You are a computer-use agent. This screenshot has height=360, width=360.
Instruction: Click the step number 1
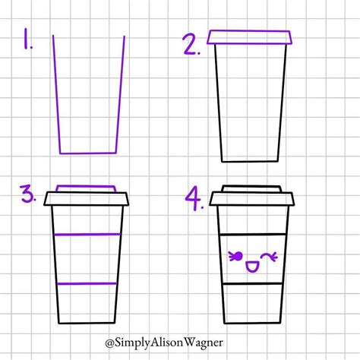pos(27,39)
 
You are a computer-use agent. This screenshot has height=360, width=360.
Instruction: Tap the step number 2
pos(191,45)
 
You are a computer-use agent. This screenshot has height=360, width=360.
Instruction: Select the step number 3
pos(28,194)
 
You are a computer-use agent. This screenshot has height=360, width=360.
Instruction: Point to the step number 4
pos(194,198)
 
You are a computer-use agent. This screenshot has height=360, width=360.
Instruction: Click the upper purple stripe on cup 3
pos(87,235)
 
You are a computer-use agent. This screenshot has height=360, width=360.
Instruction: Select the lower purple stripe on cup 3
pos(87,283)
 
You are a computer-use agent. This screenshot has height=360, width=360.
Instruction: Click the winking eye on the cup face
pos(269,257)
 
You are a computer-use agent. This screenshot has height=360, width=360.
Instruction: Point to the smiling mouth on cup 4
pos(252,267)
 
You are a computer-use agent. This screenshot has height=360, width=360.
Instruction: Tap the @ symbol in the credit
pos(109,343)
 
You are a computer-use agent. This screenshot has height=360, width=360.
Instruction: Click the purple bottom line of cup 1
pos(88,153)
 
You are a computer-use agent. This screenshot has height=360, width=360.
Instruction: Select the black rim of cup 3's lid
pos(87,199)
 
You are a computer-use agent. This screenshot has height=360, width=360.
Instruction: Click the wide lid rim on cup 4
pos(252,199)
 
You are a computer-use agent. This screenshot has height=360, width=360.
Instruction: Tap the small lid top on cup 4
pos(252,188)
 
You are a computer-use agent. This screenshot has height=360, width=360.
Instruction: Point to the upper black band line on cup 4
pos(253,235)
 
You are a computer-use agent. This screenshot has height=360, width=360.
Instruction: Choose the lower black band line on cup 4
pos(253,283)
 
